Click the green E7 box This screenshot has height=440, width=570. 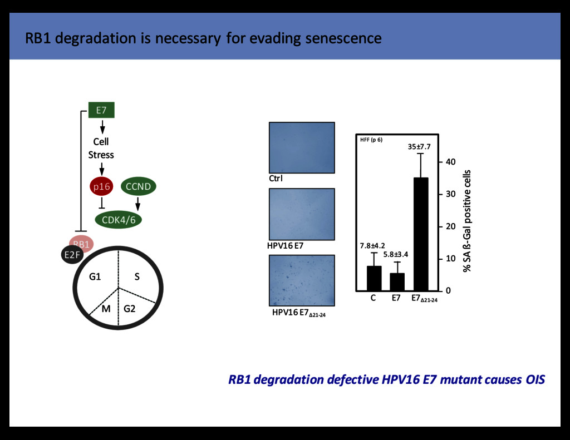pos(101,110)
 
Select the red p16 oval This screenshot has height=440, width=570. pos(102,186)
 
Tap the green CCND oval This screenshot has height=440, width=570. pos(138,186)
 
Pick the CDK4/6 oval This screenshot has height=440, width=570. pos(119,219)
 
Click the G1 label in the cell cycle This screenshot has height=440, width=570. pos(95,275)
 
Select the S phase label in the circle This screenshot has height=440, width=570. pos(136,275)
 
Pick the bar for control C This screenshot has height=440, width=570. pos(374,278)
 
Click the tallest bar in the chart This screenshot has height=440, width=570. pos(420,234)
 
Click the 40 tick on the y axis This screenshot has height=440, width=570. pos(449,162)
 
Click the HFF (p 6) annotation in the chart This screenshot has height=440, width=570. pos(371,139)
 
